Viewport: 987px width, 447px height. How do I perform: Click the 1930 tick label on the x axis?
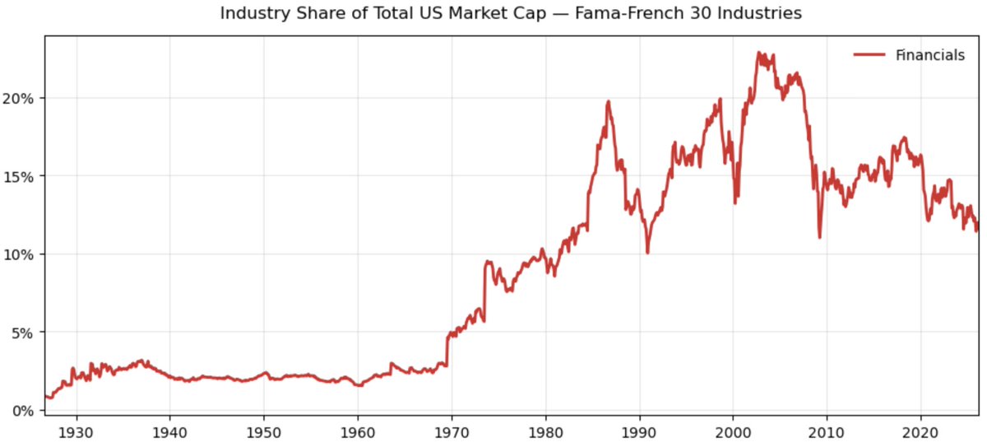point(76,431)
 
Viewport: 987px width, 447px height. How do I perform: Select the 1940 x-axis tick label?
point(169,431)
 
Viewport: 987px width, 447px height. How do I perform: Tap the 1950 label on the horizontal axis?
point(263,431)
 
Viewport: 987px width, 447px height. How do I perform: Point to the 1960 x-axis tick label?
point(357,431)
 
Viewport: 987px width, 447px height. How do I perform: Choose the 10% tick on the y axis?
point(20,254)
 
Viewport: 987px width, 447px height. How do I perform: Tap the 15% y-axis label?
point(20,176)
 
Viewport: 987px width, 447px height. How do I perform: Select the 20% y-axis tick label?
point(20,98)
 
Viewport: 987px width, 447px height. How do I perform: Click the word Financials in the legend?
point(930,55)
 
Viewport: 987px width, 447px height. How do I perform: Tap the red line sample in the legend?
point(869,55)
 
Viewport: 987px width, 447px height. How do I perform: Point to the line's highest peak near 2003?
point(758,53)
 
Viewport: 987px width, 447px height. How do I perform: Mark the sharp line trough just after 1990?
point(647,252)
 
